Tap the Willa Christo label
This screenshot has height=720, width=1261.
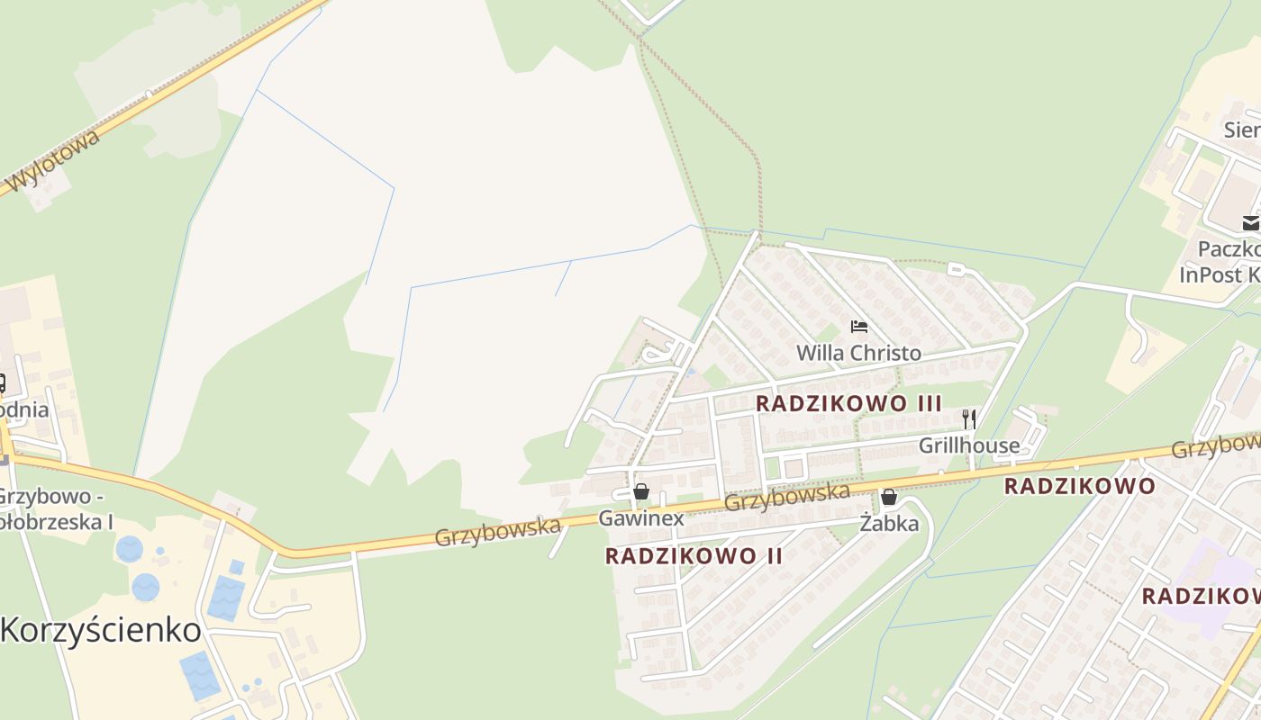pos(858,352)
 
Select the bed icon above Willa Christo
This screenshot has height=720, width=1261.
pos(858,326)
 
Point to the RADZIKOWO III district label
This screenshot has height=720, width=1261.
pos(848,403)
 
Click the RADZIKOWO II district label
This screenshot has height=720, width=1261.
pos(694,555)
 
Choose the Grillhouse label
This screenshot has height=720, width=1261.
pos(969,445)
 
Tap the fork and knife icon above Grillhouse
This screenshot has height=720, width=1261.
pos(969,418)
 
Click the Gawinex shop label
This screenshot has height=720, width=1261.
pos(641,518)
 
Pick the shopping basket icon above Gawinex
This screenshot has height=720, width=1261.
pos(640,491)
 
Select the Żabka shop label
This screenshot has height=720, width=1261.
pos(889,523)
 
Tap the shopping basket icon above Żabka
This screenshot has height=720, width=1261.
pos(889,497)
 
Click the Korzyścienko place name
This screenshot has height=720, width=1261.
pos(101,629)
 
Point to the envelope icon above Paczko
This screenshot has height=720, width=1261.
pos(1250,222)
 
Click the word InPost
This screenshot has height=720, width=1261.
pos(1211,274)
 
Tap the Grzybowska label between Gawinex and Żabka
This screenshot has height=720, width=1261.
pos(787,496)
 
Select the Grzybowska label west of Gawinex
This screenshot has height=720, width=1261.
pos(497,531)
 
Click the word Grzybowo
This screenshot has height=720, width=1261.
pos(43,496)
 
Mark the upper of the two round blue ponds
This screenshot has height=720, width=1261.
pos(129,548)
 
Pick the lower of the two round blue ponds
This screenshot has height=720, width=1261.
pos(146,587)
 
